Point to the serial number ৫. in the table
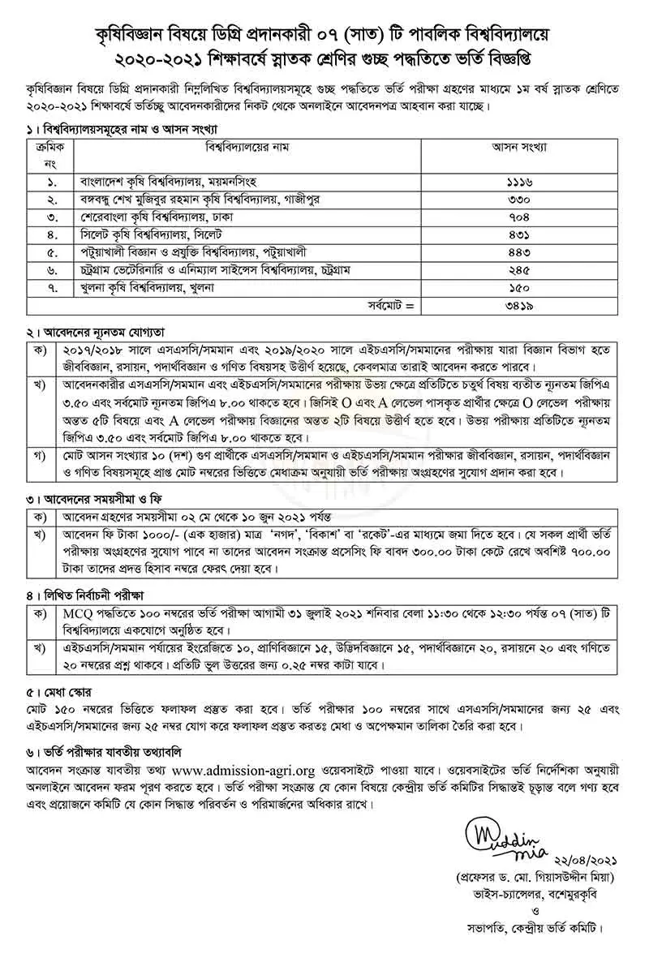[50, 252]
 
